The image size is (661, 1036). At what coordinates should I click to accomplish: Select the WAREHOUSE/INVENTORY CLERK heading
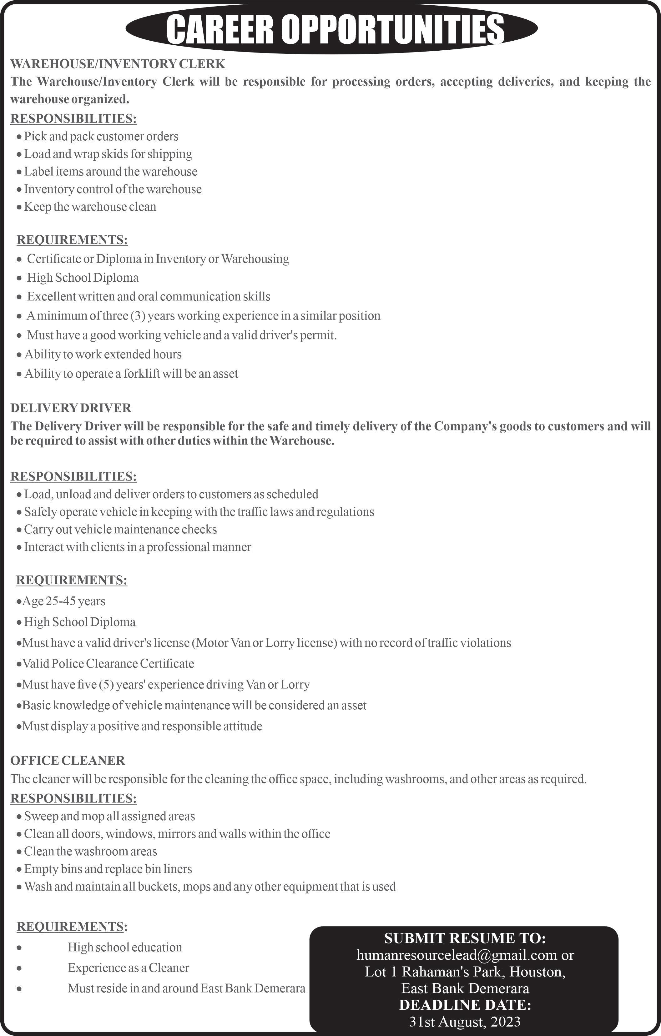pos(118,64)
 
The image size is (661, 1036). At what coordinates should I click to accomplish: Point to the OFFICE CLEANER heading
pos(68,760)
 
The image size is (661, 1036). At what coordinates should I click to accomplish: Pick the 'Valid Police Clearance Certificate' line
pos(108,663)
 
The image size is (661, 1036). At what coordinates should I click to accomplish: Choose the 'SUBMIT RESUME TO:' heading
pos(465,938)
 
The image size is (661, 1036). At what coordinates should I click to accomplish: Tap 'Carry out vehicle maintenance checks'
pos(120,529)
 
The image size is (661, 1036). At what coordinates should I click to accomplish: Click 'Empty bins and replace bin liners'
pos(108,869)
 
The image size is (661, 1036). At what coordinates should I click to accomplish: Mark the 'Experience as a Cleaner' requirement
pos(128,968)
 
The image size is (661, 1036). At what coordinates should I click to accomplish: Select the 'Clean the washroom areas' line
pos(90,851)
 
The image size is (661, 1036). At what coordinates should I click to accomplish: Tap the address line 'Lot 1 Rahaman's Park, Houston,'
pos(465,972)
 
